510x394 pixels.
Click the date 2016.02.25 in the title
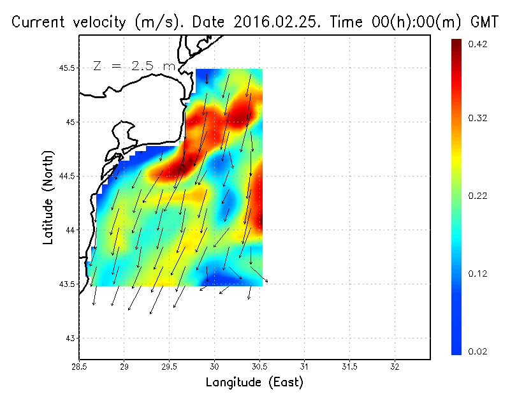tap(275, 22)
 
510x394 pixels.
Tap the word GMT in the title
tap(484, 22)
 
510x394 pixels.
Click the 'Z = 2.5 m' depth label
tap(133, 66)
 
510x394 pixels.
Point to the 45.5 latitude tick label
tap(67, 68)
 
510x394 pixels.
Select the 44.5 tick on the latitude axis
tap(67, 176)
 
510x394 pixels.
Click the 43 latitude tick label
tap(69, 338)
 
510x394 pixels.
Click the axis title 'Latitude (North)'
tap(48, 198)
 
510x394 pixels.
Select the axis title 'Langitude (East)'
tap(254, 383)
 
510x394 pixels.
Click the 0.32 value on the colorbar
tap(478, 118)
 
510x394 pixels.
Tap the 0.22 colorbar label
tap(478, 196)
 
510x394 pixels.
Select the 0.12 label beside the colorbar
tap(478, 274)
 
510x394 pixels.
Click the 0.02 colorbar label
tap(478, 351)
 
